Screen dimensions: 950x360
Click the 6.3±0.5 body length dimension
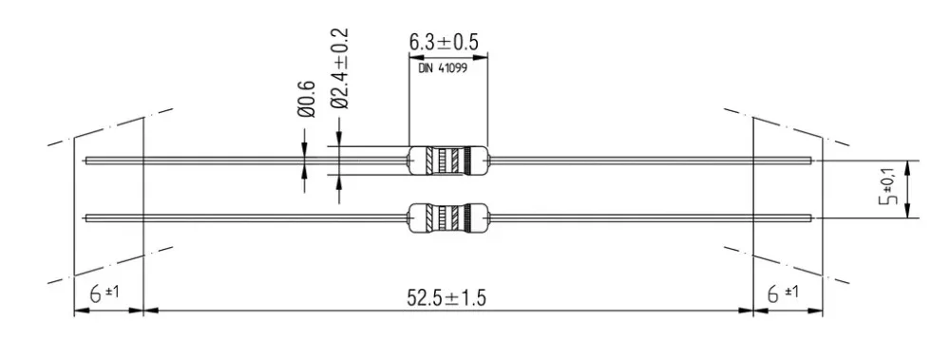[444, 43]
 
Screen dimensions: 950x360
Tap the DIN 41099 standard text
[443, 67]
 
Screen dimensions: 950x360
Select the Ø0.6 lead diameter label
[307, 98]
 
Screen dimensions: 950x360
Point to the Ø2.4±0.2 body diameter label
[340, 67]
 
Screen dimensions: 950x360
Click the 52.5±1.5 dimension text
[447, 298]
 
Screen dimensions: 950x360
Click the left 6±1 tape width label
[104, 294]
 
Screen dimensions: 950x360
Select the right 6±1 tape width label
[783, 294]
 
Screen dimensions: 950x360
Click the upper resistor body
[448, 161]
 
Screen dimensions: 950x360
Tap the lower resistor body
[448, 218]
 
